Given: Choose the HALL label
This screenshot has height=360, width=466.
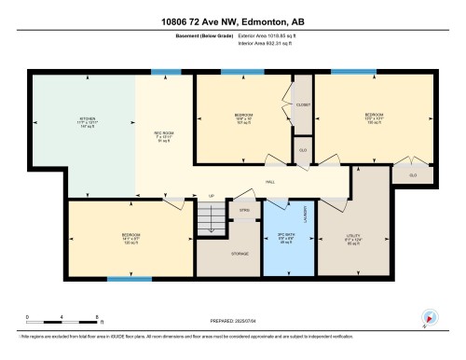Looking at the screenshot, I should pyautogui.click(x=270, y=181).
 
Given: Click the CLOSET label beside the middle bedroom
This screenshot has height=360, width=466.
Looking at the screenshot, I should pyautogui.click(x=303, y=105).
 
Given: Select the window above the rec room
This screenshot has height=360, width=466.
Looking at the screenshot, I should pyautogui.click(x=166, y=72).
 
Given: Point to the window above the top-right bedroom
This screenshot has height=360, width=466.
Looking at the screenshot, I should pyautogui.click(x=354, y=72).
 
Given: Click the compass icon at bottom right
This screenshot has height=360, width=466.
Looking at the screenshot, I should pyautogui.click(x=430, y=317).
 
